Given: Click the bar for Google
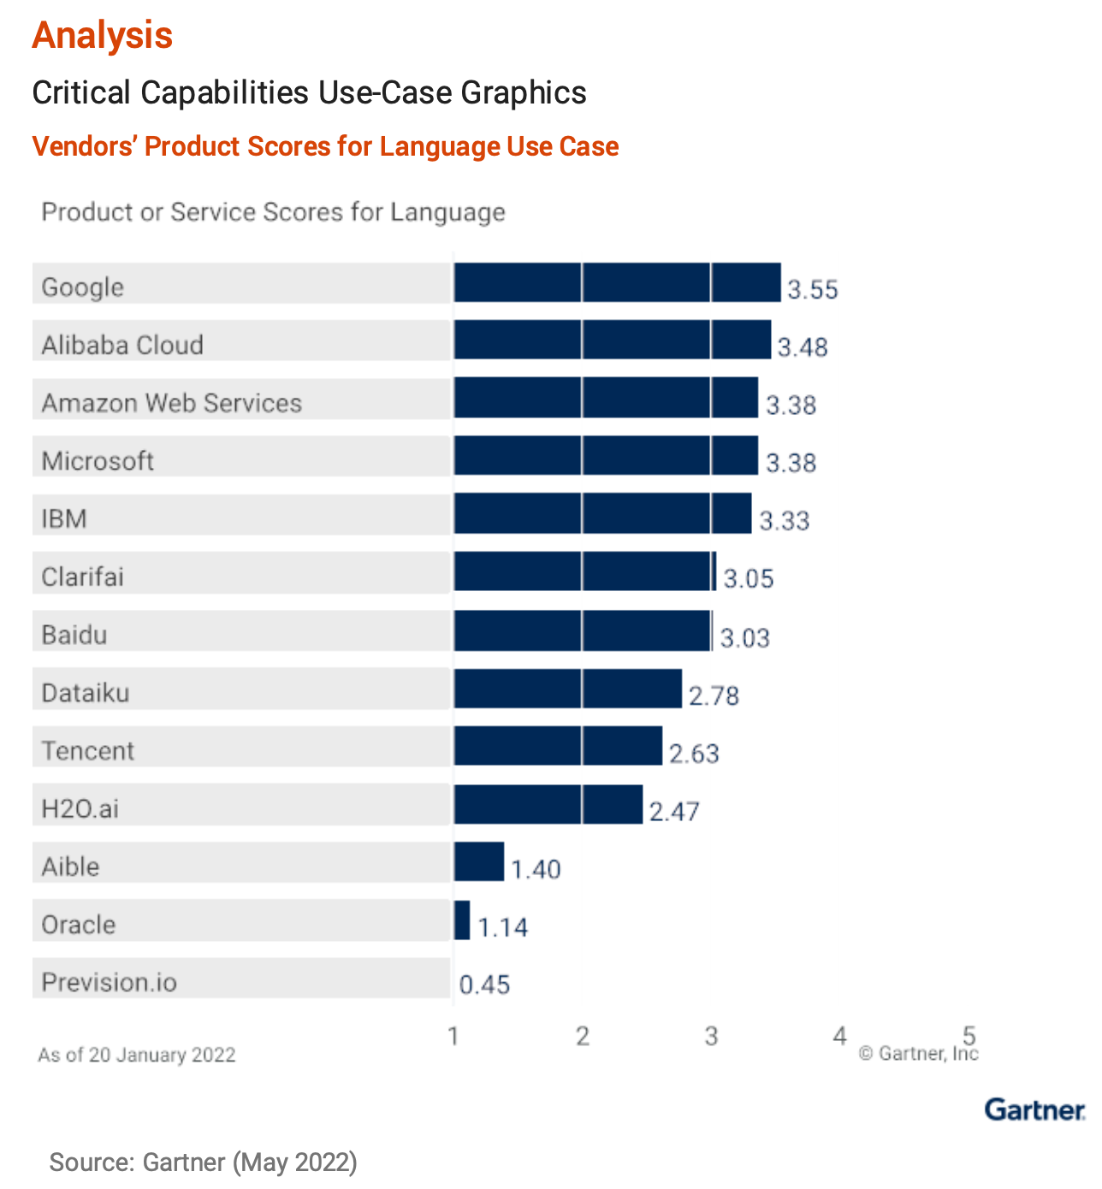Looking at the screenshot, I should click(617, 282).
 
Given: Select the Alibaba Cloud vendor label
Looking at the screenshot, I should click(122, 345).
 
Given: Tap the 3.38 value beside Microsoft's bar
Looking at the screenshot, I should click(791, 463).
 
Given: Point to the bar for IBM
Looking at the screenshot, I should click(602, 514).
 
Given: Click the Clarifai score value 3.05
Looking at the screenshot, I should click(749, 579).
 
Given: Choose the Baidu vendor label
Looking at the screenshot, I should click(74, 635).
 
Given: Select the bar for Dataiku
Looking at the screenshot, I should click(567, 689).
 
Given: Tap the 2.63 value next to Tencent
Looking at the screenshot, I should click(694, 754).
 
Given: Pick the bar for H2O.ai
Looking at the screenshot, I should click(548, 804).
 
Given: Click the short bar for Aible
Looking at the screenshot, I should click(479, 861).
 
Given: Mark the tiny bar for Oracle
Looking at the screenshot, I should click(462, 920).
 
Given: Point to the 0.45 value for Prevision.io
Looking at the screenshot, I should click(484, 985).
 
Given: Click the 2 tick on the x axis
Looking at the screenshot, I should click(583, 1037).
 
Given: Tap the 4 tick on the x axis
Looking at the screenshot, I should click(840, 1037).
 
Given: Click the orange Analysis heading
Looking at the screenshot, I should click(103, 35).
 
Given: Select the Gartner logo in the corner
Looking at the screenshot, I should click(1034, 1109).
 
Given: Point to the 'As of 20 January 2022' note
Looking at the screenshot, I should click(137, 1055).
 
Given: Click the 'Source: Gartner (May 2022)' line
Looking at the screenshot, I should click(203, 1162).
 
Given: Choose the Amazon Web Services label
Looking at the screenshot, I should click(172, 403).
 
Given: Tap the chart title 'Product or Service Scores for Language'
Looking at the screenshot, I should click(273, 212).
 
